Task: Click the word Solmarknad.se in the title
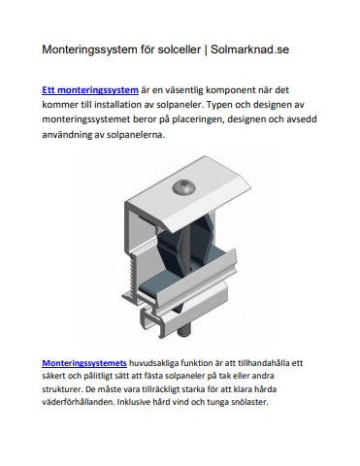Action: coord(249,50)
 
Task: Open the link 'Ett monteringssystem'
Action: coord(90,90)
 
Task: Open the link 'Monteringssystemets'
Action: coord(84,363)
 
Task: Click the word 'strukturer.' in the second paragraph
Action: coord(60,389)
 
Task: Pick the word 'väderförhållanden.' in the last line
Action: coord(78,402)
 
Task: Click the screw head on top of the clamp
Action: coord(183,187)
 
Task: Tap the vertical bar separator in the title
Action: coord(206,50)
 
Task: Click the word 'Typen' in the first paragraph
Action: coord(218,105)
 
